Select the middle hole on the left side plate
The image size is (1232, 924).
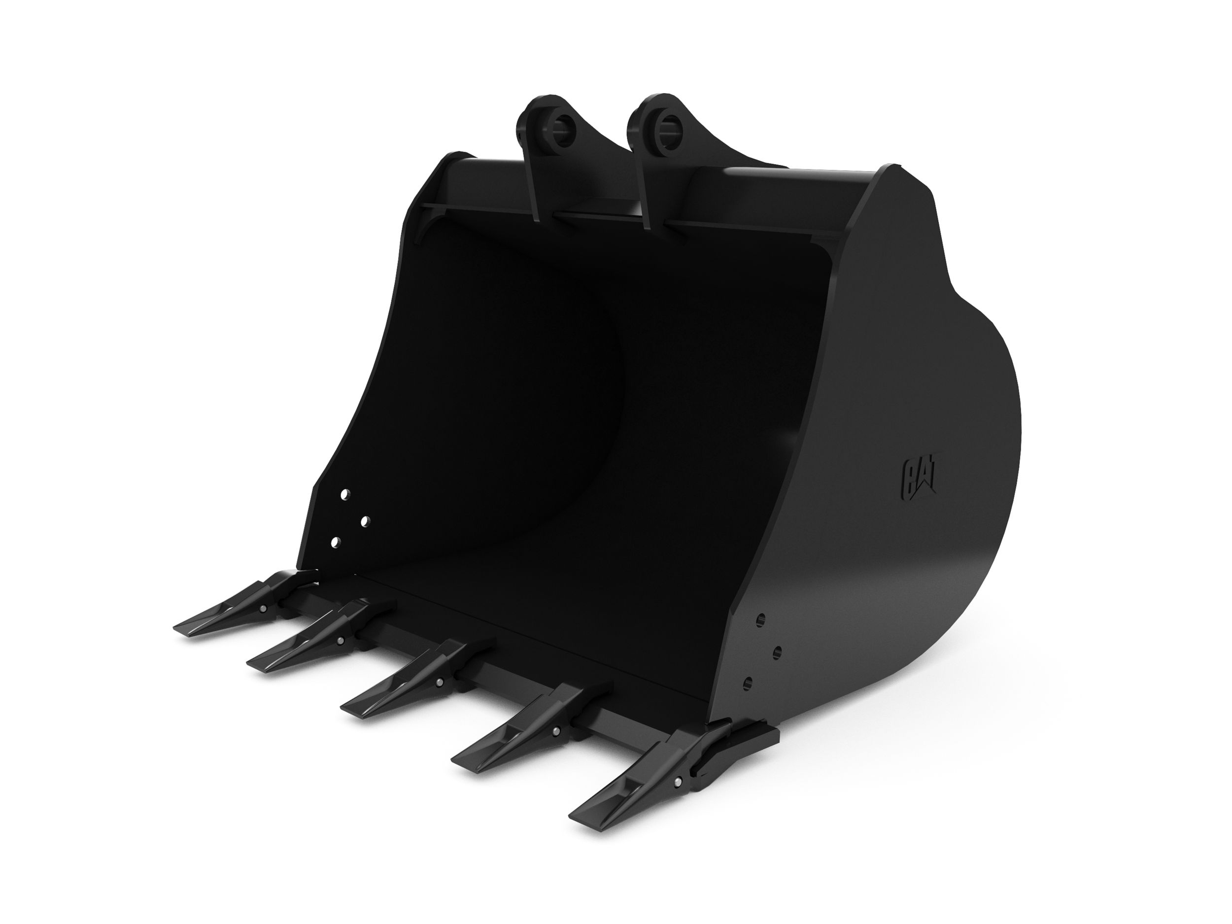[x=365, y=521]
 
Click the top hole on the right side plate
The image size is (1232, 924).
[x=761, y=619]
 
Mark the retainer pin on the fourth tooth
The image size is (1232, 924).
[x=556, y=731]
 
